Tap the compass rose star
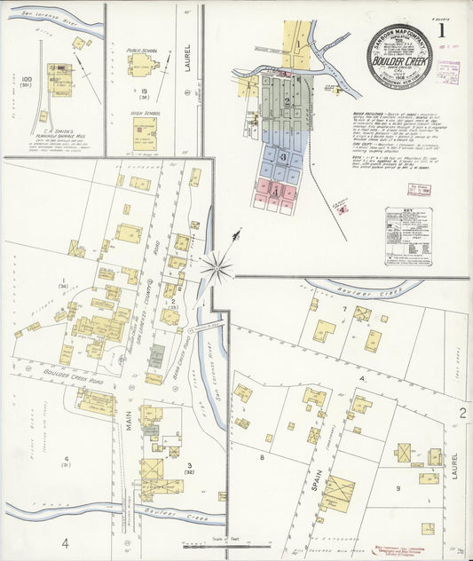click(217, 265)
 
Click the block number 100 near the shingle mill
click(26, 80)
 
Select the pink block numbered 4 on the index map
click(276, 190)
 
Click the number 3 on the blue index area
click(282, 157)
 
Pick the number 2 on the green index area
click(287, 101)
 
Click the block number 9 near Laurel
click(398, 488)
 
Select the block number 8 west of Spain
click(262, 457)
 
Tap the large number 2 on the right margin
click(461, 414)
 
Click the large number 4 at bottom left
click(65, 541)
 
